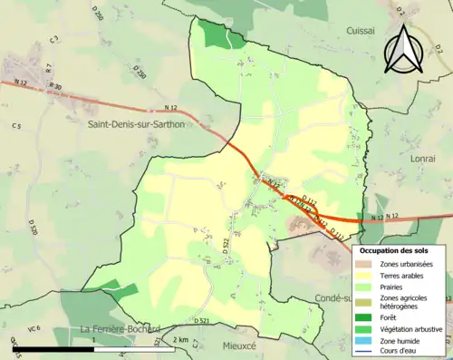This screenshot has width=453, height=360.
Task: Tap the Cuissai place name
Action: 360,30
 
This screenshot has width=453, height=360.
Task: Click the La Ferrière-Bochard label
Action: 120,328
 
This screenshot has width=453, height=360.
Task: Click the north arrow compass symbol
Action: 401,48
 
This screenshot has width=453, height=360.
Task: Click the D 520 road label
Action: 33,227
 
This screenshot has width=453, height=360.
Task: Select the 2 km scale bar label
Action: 180,341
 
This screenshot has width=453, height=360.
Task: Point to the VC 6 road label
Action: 34,328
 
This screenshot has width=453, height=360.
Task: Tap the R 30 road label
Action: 56,87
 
